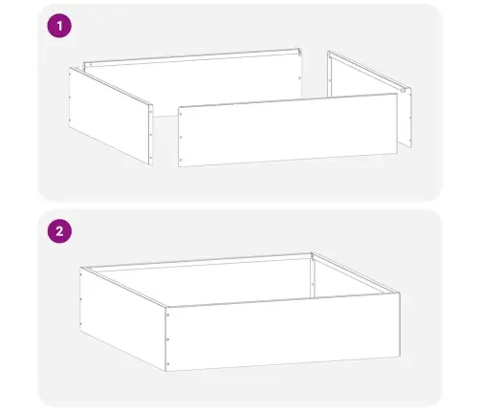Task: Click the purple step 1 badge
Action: pos(61,27)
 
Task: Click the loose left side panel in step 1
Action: pos(111,115)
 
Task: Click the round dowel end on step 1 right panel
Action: pos(406,91)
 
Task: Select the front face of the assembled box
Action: pos(282,335)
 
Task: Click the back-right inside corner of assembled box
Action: pos(314,256)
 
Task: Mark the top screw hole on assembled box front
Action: pos(169,314)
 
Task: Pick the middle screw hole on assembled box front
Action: pos(169,338)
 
